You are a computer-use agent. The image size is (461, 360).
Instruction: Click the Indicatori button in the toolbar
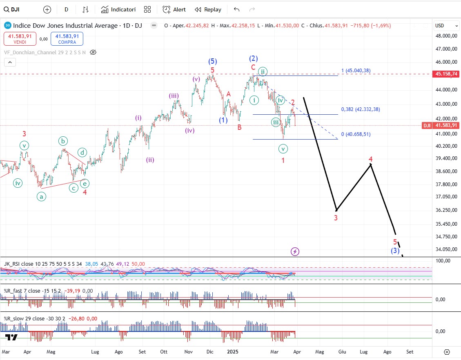(118, 9)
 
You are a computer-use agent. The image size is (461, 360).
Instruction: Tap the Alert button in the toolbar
(174, 9)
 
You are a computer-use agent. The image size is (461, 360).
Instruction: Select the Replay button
(208, 9)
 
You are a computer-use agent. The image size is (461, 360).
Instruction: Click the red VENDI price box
(20, 39)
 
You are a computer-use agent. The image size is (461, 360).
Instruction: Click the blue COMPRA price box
(67, 39)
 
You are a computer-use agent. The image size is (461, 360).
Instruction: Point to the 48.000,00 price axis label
(445, 36)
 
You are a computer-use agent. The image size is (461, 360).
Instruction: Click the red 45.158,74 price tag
(445, 74)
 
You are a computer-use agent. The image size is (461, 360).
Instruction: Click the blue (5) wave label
(212, 61)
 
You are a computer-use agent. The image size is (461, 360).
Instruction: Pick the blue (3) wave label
(394, 251)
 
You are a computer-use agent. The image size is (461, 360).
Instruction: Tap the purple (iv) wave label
(189, 131)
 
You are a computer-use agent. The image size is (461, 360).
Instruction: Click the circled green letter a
(42, 197)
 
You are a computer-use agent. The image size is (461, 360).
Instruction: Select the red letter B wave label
(239, 127)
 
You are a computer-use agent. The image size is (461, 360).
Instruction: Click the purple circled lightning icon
(295, 251)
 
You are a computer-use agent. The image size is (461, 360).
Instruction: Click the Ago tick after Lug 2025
(387, 351)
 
